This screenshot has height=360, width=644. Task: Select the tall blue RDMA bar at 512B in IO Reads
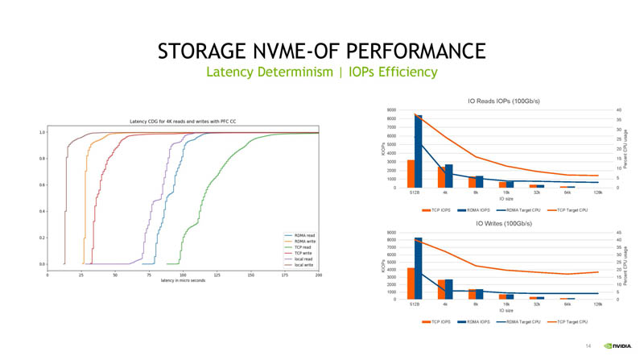click(418, 151)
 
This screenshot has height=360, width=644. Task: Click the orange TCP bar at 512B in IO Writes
click(411, 283)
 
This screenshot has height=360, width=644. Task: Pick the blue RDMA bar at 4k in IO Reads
click(448, 176)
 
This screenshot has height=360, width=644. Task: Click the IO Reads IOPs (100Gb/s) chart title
click(503, 101)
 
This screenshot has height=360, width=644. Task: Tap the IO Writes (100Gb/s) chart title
click(503, 223)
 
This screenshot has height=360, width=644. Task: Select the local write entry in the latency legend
click(303, 264)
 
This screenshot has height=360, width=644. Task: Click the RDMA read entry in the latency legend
click(303, 235)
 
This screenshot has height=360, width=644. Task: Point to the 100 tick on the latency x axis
click(183, 275)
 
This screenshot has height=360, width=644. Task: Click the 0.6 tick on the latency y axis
click(41, 185)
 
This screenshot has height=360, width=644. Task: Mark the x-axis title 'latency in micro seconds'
click(183, 280)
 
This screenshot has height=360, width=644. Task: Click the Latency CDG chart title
click(183, 122)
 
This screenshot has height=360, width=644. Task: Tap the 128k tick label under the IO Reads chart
click(597, 194)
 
